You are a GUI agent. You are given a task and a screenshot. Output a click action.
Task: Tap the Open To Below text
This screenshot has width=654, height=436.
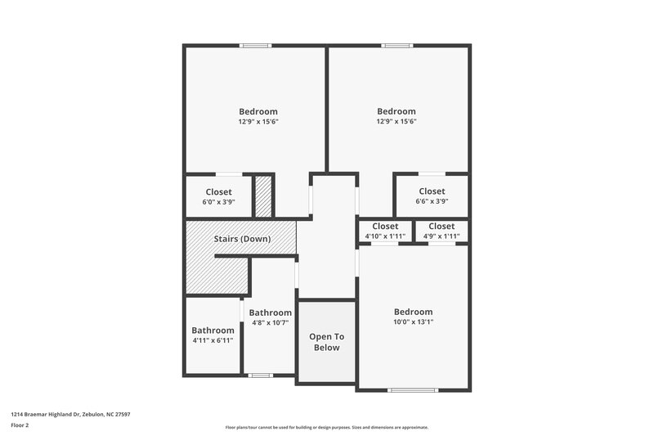pyautogui.click(x=326, y=342)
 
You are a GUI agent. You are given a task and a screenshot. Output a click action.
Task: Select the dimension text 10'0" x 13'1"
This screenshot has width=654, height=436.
pyautogui.click(x=413, y=321)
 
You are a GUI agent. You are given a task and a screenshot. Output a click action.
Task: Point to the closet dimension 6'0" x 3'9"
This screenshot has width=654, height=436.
pyautogui.click(x=218, y=201)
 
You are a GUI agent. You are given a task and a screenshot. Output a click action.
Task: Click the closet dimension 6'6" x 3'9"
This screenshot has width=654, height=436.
pyautogui.click(x=432, y=201)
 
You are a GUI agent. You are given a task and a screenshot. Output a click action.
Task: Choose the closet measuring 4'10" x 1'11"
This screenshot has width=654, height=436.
pyautogui.click(x=385, y=236)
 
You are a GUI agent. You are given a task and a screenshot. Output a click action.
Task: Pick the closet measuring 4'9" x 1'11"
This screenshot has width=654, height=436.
pyautogui.click(x=441, y=236)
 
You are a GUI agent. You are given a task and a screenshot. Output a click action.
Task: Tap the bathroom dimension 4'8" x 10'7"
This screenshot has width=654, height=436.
pyautogui.click(x=270, y=322)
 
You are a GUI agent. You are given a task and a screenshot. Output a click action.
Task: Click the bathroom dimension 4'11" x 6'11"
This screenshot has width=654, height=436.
pyautogui.click(x=213, y=340)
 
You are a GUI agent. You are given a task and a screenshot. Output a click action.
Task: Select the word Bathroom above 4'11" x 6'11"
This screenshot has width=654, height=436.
pyautogui.click(x=213, y=330)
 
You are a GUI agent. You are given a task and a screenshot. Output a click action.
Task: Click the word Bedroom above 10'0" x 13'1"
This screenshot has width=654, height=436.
pyautogui.click(x=413, y=312)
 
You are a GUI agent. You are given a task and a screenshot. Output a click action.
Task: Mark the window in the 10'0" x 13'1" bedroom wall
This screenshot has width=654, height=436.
pyautogui.click(x=413, y=390)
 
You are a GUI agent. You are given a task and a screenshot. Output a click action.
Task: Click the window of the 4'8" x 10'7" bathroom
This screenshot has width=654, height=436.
pyautogui.click(x=260, y=375)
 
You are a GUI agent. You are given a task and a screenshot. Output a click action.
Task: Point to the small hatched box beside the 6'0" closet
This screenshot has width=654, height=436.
pyautogui.click(x=262, y=196)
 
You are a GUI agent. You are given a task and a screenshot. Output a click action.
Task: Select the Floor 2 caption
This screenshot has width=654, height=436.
pyautogui.click(x=20, y=425)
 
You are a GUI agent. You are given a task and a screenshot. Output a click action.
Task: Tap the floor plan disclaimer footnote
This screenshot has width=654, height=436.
pyautogui.click(x=326, y=427)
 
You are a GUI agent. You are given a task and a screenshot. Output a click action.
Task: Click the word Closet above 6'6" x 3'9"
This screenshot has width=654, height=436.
pyautogui.click(x=432, y=191)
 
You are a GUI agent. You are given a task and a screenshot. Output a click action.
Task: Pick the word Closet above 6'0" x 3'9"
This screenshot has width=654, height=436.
pyautogui.click(x=218, y=192)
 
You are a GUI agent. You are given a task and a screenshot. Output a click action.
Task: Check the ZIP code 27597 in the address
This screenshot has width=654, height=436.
pyautogui.click(x=123, y=414)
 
